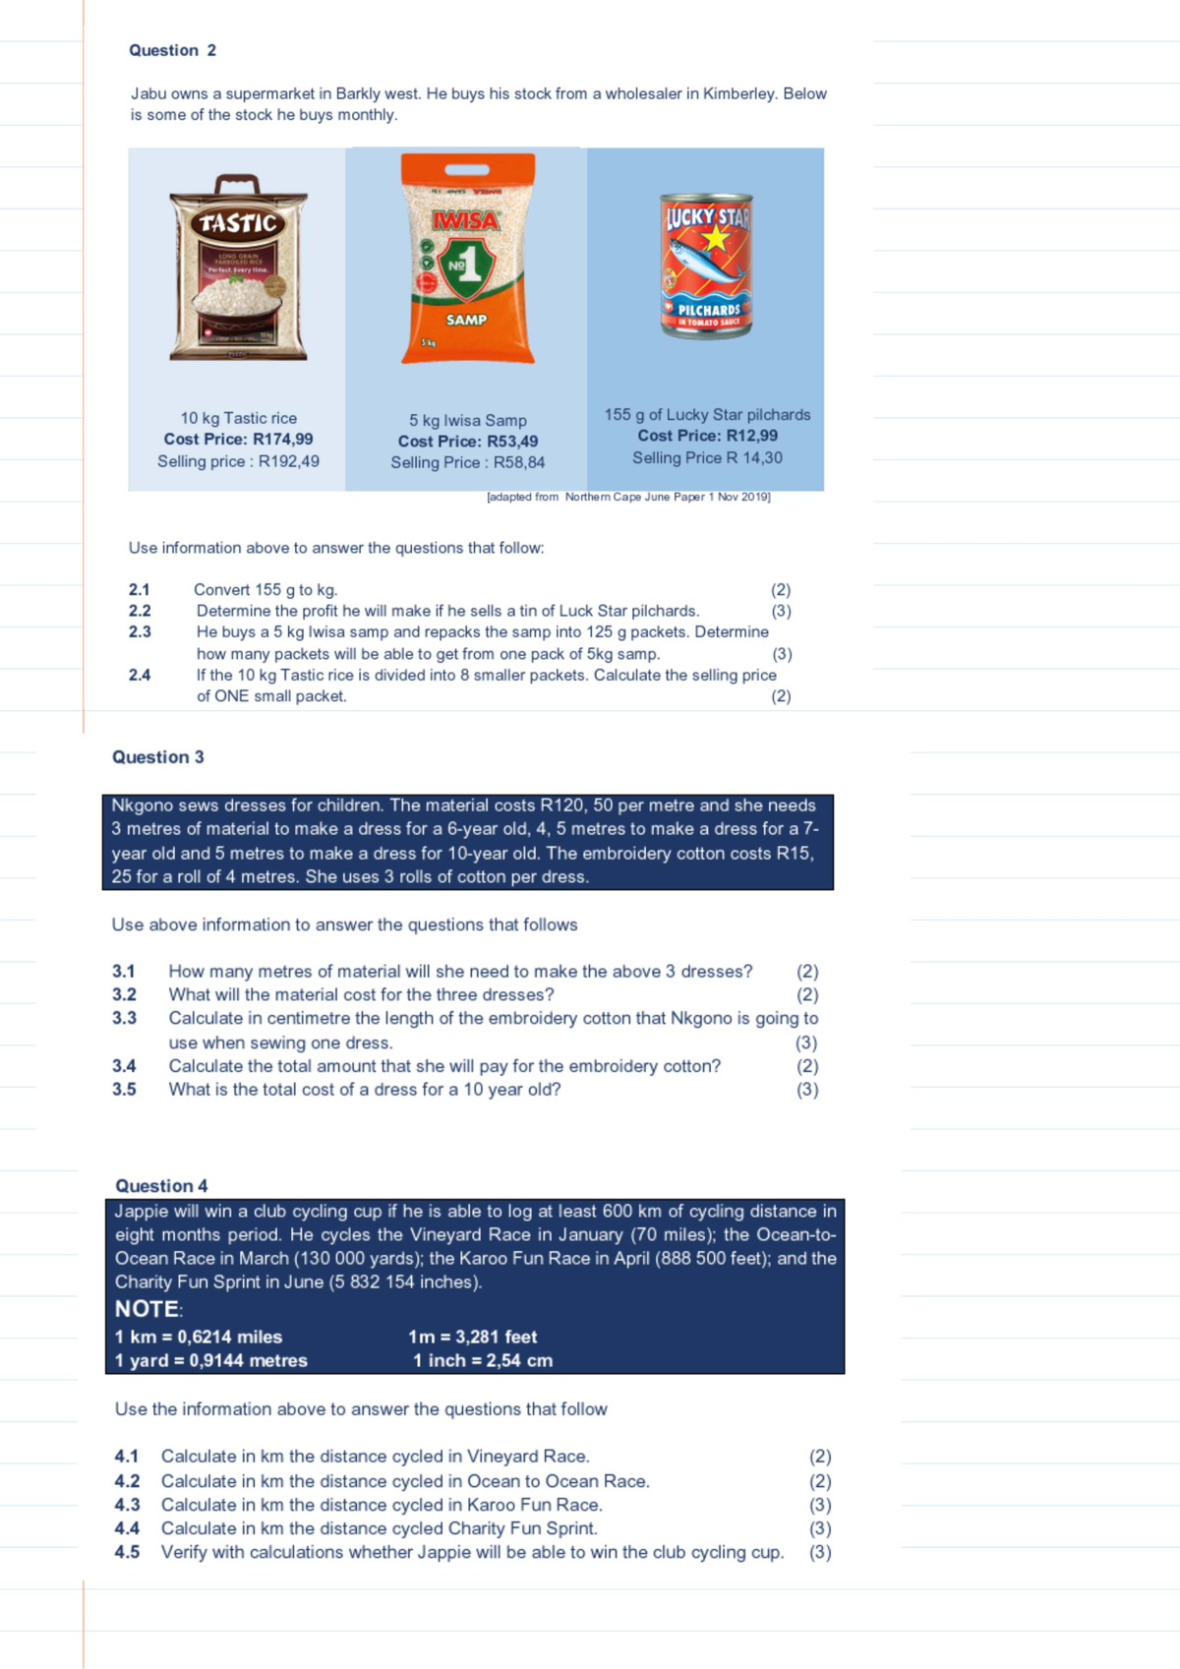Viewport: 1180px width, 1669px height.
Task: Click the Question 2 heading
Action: pyautogui.click(x=172, y=50)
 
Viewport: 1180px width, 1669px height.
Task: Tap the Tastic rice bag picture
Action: pyautogui.click(x=238, y=268)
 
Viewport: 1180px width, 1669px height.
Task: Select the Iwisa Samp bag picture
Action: pyautogui.click(x=467, y=260)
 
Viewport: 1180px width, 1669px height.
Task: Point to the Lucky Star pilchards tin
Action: pyautogui.click(x=707, y=266)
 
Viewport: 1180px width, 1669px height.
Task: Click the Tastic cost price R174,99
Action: pyautogui.click(x=238, y=440)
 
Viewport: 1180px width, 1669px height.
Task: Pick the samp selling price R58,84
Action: pyautogui.click(x=467, y=462)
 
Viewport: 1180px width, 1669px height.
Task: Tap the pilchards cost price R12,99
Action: pyautogui.click(x=707, y=436)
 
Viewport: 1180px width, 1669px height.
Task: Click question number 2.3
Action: pyautogui.click(x=140, y=631)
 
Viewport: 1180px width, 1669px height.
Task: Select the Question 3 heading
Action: pyautogui.click(x=158, y=756)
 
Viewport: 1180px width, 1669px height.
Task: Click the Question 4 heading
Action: pyautogui.click(x=161, y=1185)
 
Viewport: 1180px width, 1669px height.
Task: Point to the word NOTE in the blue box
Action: pyautogui.click(x=147, y=1309)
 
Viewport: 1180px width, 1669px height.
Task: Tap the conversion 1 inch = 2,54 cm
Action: pyautogui.click(x=482, y=1360)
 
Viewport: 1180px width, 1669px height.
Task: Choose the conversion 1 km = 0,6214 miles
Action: pyautogui.click(x=199, y=1337)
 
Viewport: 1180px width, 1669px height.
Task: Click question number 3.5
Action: pyautogui.click(x=124, y=1090)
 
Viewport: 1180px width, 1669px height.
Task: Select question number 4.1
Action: pyautogui.click(x=127, y=1456)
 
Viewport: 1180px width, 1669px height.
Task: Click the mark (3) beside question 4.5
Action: pyautogui.click(x=820, y=1552)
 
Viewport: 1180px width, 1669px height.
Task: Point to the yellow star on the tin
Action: pyautogui.click(x=714, y=238)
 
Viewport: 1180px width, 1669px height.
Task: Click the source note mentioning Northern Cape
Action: pyautogui.click(x=628, y=497)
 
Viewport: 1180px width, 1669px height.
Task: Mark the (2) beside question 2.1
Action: pyautogui.click(x=781, y=590)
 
